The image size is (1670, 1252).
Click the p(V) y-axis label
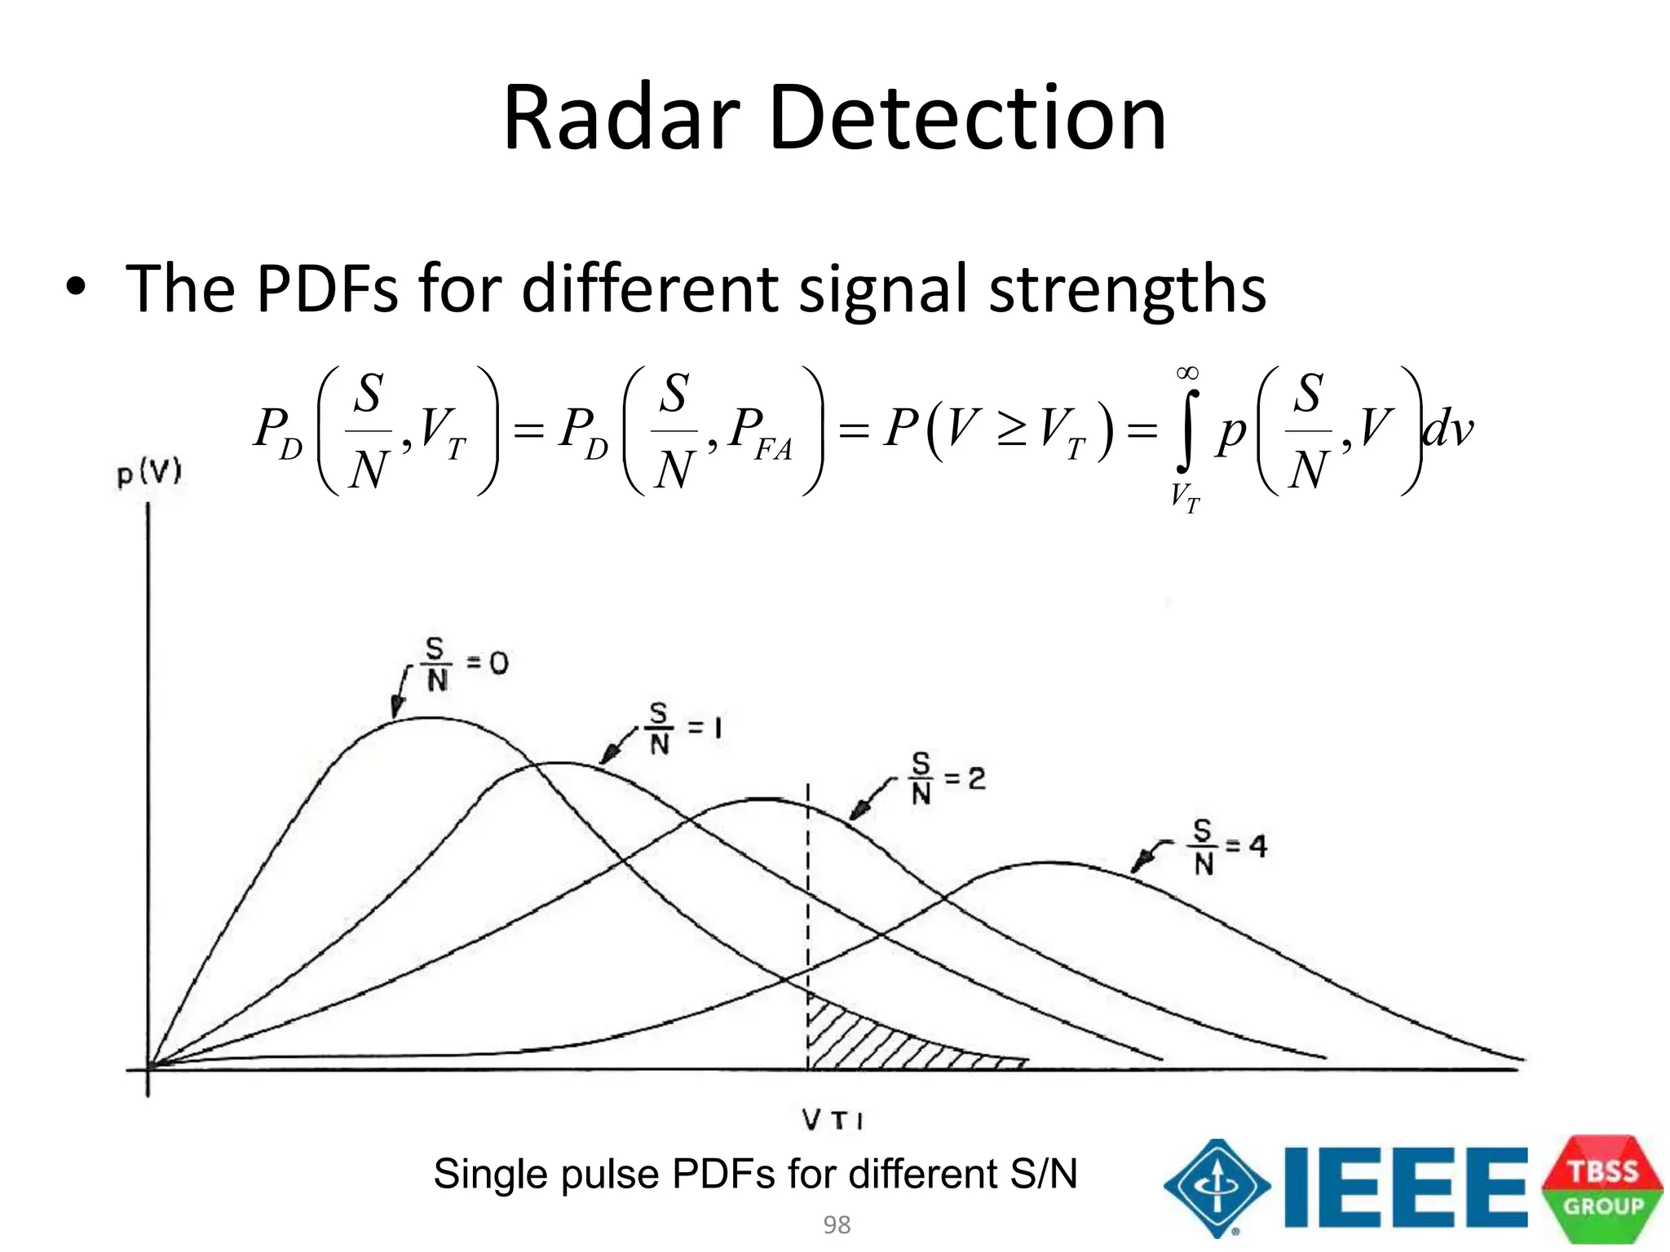pos(149,472)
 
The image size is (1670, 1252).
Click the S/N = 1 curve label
pos(683,729)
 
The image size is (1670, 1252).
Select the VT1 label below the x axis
pos(833,1120)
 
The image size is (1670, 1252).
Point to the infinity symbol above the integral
pos(1187,373)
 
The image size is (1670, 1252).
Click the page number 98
pos(837,1224)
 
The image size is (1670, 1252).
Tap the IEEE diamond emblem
pos(1217,1188)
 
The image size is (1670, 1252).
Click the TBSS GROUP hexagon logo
pos(1602,1188)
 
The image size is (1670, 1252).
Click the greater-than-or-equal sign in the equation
pos(1010,428)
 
